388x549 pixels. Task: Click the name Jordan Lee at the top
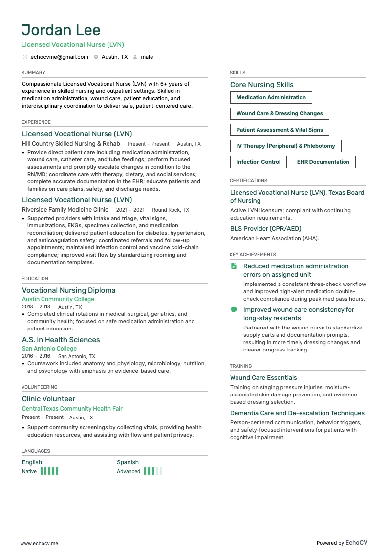click(61, 30)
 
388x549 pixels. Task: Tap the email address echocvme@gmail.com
click(59, 57)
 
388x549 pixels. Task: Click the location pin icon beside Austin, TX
click(96, 57)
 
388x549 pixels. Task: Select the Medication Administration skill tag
click(271, 98)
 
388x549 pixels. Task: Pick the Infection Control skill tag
click(258, 162)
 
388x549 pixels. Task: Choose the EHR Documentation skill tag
click(323, 162)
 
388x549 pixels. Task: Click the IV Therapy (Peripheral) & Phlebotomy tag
click(285, 146)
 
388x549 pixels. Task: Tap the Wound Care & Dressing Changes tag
click(280, 114)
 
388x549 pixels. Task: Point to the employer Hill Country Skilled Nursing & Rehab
click(71, 144)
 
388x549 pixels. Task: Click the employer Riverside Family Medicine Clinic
click(65, 210)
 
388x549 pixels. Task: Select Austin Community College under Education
click(58, 299)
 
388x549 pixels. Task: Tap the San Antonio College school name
click(49, 349)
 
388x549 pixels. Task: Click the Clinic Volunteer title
click(48, 399)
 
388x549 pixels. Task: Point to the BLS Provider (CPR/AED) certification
click(265, 229)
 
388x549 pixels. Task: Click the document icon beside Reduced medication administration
click(234, 266)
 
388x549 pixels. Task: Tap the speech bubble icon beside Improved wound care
click(234, 309)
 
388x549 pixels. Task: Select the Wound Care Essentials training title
click(263, 378)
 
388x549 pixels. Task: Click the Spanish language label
click(128, 462)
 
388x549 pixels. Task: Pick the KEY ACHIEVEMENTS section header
click(253, 255)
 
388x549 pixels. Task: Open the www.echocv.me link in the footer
click(39, 543)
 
